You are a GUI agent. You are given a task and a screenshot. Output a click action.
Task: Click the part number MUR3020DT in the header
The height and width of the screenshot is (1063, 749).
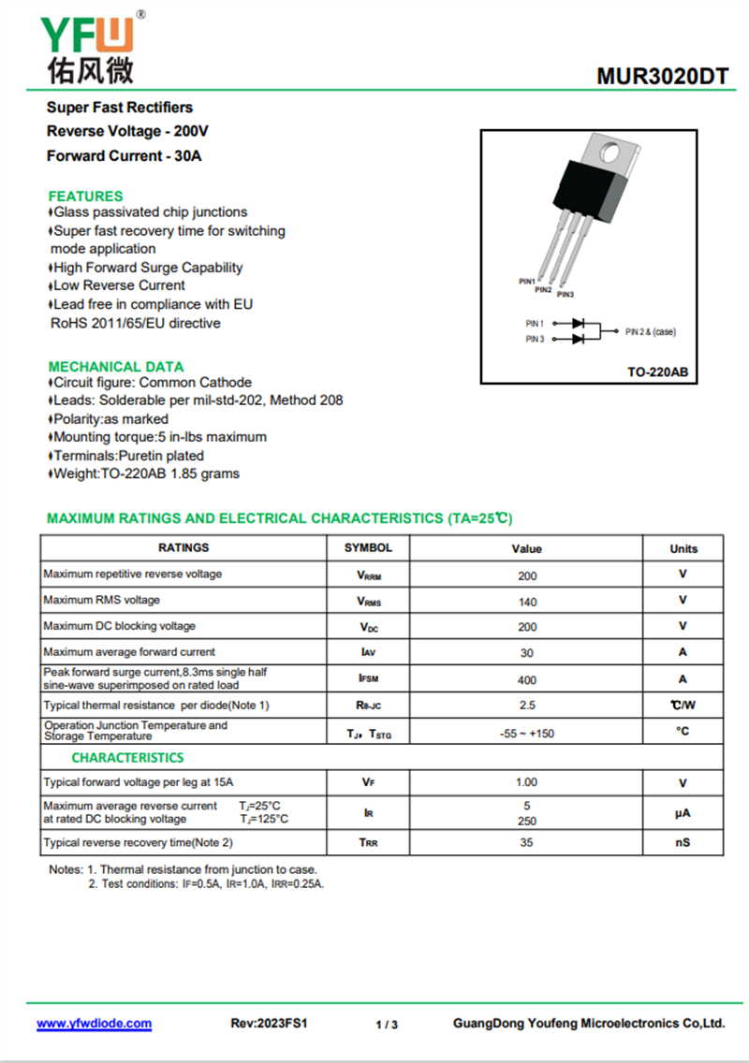click(x=661, y=78)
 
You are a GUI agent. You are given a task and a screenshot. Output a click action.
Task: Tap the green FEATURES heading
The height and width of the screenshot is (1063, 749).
click(x=85, y=197)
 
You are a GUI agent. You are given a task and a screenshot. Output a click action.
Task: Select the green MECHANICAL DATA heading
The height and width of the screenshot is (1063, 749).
click(x=116, y=367)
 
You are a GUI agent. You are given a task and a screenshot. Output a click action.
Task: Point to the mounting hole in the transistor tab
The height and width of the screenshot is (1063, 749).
click(x=610, y=150)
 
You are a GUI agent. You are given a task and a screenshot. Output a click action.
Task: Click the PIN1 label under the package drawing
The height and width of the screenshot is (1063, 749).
click(x=526, y=281)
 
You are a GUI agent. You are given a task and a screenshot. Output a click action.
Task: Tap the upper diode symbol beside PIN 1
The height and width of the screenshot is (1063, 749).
click(x=579, y=323)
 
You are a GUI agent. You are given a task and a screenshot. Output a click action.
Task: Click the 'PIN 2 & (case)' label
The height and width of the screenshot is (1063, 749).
click(x=650, y=331)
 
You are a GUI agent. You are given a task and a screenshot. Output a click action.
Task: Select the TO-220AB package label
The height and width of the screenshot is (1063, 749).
click(x=657, y=372)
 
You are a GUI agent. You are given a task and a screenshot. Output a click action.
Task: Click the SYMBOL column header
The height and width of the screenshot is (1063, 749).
click(x=368, y=548)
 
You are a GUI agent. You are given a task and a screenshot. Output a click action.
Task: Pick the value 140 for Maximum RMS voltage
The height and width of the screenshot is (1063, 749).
click(x=527, y=602)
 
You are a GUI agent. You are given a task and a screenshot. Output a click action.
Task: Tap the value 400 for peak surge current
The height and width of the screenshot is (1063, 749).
click(x=527, y=680)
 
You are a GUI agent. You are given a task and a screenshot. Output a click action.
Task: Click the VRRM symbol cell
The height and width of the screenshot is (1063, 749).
click(x=369, y=575)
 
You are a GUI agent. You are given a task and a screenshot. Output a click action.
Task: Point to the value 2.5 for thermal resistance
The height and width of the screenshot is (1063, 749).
click(x=527, y=706)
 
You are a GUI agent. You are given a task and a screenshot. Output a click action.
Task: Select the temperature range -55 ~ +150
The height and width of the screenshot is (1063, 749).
click(x=527, y=734)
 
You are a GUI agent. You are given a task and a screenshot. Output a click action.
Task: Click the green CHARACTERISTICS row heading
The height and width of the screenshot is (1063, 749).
click(x=127, y=758)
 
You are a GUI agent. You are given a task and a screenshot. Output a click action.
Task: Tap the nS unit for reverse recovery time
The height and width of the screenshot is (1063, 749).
click(x=683, y=843)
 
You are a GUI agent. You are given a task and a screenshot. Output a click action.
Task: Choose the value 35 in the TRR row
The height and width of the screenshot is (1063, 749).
click(x=527, y=843)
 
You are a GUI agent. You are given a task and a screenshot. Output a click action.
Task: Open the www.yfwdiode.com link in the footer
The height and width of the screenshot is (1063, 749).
click(x=94, y=1024)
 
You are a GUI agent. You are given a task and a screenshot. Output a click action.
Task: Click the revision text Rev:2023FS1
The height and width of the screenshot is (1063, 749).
click(x=269, y=1024)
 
